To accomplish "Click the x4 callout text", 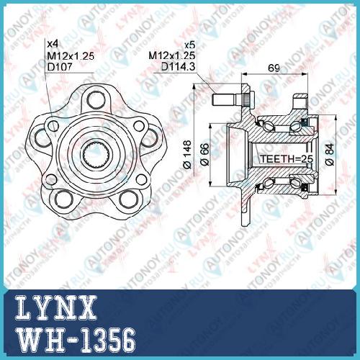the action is pos(53,44).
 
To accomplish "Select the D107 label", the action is pos(60,67).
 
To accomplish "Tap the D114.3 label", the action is pos(178,66).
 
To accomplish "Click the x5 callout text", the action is pos(189,45).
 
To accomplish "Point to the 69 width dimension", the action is pos(274,68).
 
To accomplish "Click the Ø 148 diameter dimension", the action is pos(187,155).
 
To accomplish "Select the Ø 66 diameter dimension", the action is pos(204,155).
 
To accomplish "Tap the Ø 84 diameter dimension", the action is pos(330,155).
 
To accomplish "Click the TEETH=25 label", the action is pos(287,159).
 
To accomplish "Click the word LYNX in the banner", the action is pos(56,309).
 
